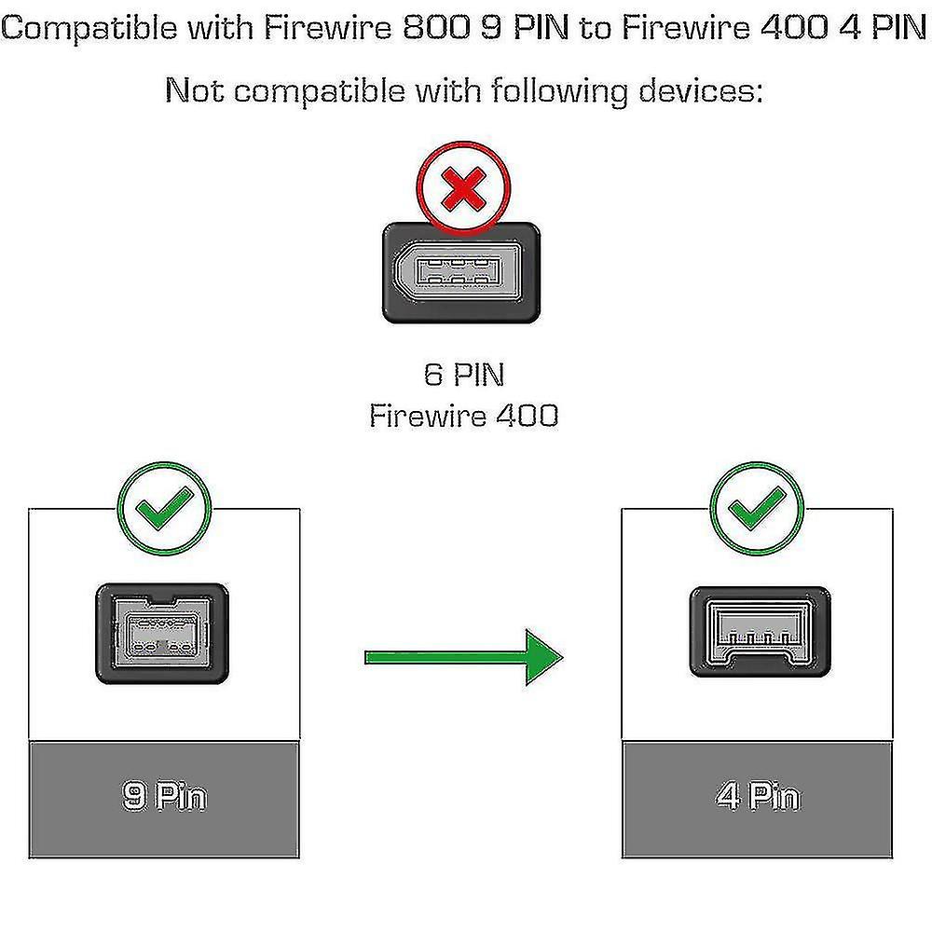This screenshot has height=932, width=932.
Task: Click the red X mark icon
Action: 463,189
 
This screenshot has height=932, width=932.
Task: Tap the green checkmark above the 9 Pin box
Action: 164,508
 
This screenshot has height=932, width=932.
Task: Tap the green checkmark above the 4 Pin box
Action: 757,508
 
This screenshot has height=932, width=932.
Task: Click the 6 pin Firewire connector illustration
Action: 461,273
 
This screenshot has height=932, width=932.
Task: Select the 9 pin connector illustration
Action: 162,634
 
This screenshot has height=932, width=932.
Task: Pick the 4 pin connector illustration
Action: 761,632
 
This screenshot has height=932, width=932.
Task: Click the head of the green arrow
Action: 543,657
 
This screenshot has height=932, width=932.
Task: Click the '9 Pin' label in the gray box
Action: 165,796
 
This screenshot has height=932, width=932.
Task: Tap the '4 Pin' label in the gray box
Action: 758,796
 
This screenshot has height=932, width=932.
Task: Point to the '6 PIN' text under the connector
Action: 464,375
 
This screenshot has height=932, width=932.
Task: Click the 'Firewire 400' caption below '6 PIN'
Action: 463,415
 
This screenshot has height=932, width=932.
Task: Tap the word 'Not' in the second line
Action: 195,90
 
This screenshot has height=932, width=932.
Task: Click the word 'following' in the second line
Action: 559,92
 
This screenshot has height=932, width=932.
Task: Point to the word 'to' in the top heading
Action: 596,29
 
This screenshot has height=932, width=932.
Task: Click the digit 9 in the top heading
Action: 490,27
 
